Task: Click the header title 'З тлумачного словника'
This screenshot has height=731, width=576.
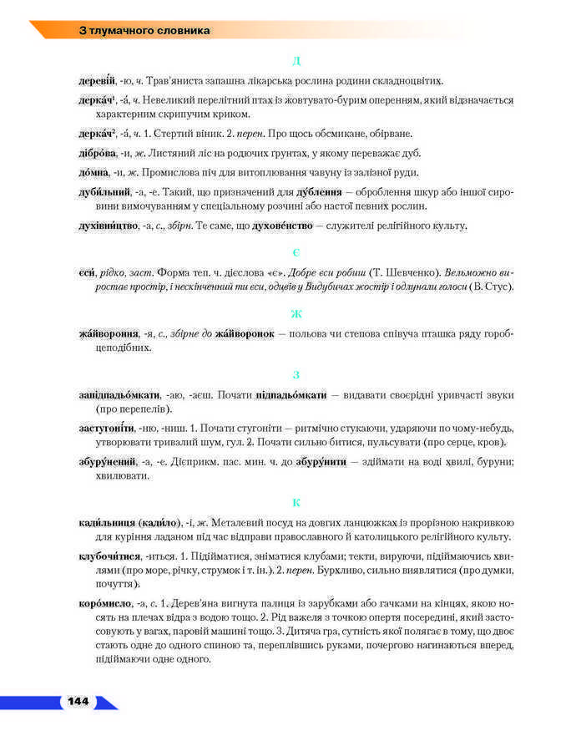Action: click(x=144, y=31)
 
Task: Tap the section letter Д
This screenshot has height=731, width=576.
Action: click(x=296, y=61)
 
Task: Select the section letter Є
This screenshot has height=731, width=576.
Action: click(x=296, y=252)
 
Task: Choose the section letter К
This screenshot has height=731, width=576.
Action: click(x=296, y=502)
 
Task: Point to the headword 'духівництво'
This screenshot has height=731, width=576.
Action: click(x=104, y=226)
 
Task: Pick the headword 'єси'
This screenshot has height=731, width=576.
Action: click(x=82, y=272)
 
